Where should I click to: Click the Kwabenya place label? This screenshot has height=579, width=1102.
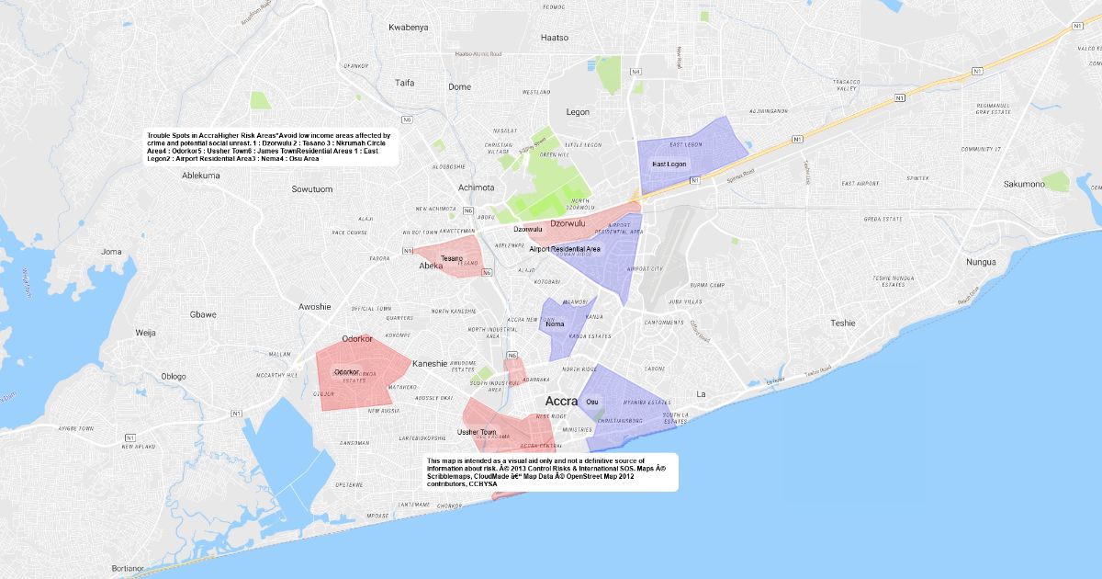click(409, 28)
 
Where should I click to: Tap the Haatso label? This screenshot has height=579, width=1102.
click(556, 38)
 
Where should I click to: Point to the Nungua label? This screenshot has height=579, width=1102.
click(981, 262)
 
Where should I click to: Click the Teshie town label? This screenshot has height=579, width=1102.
click(842, 324)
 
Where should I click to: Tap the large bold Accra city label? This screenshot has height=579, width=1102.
click(561, 402)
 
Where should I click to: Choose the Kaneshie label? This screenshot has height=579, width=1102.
click(430, 363)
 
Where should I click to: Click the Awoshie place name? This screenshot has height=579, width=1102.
click(315, 307)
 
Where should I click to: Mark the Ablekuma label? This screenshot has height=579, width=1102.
click(201, 175)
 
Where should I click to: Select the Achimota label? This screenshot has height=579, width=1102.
click(477, 187)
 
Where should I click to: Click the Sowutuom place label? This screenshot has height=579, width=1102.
click(311, 189)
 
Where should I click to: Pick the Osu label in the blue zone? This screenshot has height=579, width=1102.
click(591, 401)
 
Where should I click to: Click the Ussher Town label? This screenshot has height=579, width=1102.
click(477, 432)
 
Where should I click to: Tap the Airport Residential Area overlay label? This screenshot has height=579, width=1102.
click(565, 249)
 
